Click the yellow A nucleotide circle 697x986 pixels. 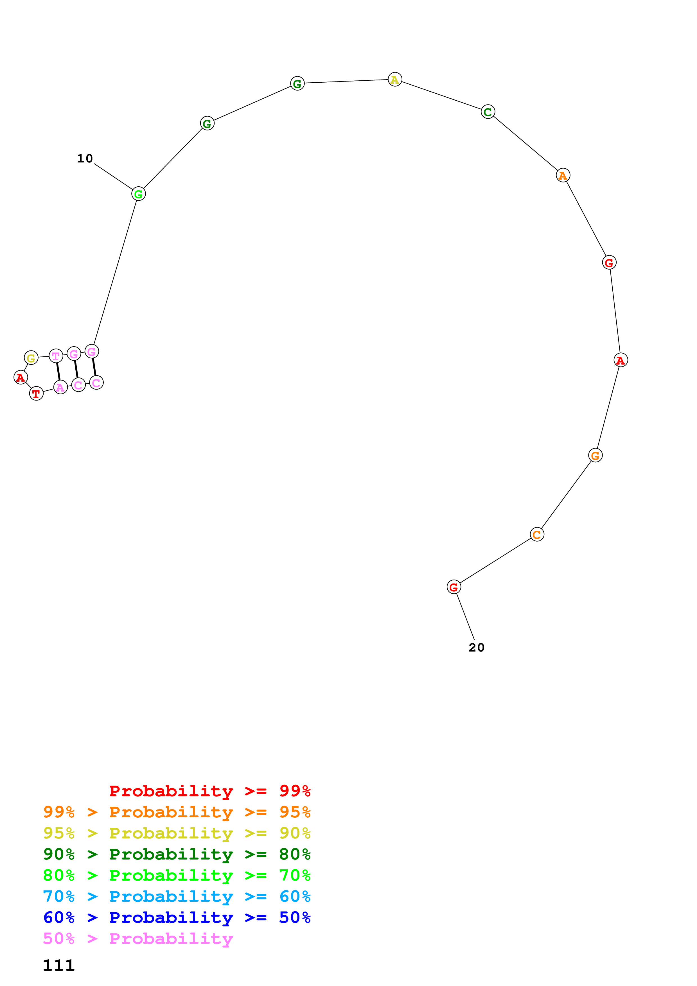point(395,80)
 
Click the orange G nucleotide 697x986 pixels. point(595,455)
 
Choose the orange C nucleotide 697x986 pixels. point(537,534)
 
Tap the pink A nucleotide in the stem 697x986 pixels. point(60,387)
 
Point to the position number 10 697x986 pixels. point(85,159)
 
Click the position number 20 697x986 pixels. point(476,647)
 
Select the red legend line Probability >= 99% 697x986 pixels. point(209,791)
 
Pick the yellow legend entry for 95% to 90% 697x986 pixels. point(177,833)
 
